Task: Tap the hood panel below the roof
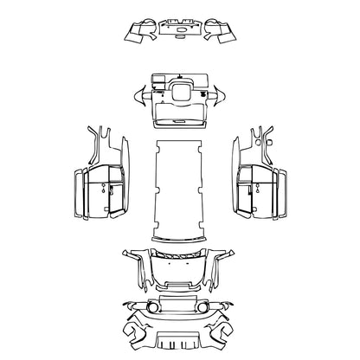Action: (x=180, y=268)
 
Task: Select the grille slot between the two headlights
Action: (x=180, y=307)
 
